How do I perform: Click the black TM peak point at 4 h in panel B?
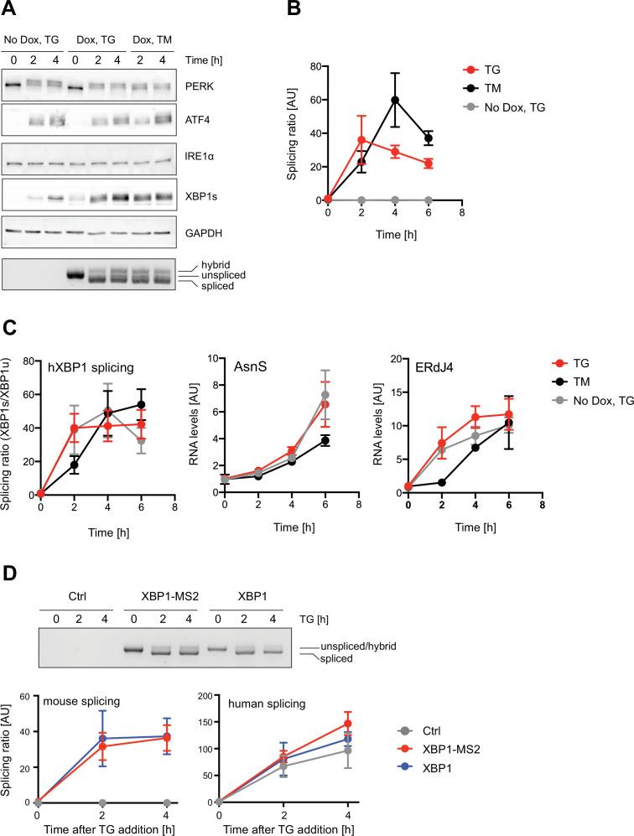click(394, 100)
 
